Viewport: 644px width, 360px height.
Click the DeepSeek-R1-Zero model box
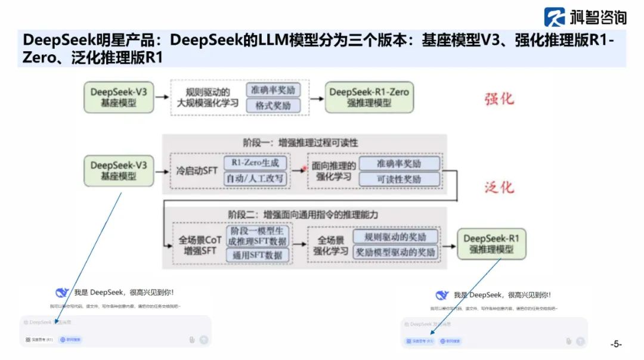370,97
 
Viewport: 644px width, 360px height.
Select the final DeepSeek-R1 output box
491,244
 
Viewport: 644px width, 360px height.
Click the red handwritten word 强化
499,99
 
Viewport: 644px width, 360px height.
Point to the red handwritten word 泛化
499,187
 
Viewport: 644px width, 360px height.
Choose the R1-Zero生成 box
255,162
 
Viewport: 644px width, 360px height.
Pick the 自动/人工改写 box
255,178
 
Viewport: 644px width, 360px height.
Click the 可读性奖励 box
398,179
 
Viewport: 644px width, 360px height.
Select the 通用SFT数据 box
258,255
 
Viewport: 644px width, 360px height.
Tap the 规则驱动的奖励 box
395,236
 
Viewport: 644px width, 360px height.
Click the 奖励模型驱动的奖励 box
395,253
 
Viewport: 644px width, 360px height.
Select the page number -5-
615,344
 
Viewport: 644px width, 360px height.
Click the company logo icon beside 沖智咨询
555,17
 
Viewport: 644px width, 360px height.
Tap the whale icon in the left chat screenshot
63,293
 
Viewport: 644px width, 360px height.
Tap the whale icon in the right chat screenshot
442,295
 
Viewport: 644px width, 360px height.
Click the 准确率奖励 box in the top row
274,89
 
